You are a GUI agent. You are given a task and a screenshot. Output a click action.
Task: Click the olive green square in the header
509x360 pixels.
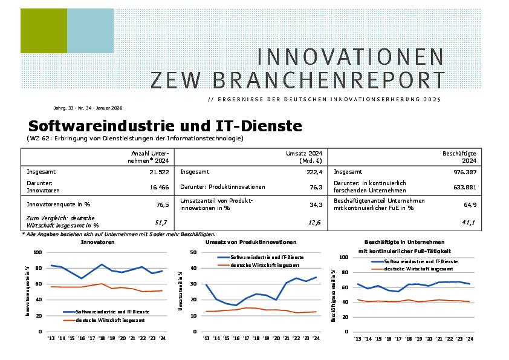pyautogui.click(x=44, y=31)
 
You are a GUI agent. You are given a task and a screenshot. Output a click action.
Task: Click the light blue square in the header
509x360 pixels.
pyautogui.click(x=90, y=31)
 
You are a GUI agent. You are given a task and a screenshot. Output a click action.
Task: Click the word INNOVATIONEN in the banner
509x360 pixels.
pyautogui.click(x=351, y=57)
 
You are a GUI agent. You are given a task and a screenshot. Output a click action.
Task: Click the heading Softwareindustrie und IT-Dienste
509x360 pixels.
pyautogui.click(x=165, y=126)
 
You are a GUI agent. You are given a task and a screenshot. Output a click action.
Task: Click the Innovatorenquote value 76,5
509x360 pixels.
pyautogui.click(x=161, y=205)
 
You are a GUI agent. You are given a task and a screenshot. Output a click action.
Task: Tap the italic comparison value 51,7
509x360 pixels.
pyautogui.click(x=161, y=223)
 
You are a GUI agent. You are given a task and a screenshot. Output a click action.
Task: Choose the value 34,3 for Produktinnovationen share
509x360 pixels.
pyautogui.click(x=314, y=205)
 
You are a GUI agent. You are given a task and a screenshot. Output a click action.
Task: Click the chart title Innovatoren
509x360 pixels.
pyautogui.click(x=97, y=241)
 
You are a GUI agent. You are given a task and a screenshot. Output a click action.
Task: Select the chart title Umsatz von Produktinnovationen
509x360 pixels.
pyautogui.click(x=250, y=241)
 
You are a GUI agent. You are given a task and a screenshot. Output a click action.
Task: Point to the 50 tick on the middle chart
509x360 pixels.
pyautogui.click(x=192, y=252)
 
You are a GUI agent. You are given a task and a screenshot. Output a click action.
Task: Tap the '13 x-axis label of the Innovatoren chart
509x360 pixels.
pyautogui.click(x=51, y=339)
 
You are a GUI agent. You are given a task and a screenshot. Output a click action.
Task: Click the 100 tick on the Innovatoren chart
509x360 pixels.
pyautogui.click(x=37, y=252)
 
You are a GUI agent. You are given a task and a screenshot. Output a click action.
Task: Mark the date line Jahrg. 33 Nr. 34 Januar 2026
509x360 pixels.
pyautogui.click(x=88, y=108)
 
